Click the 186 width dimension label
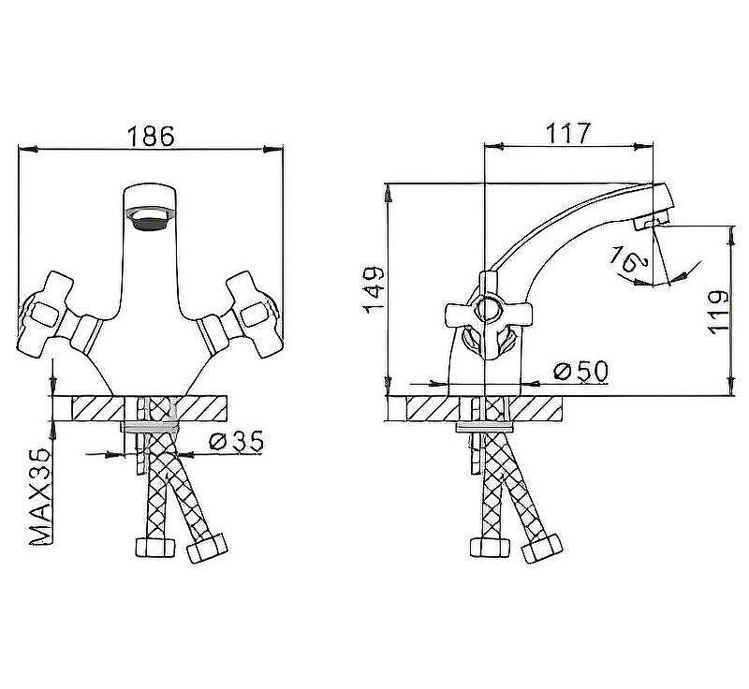pos(152,135)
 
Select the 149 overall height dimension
pos(373,289)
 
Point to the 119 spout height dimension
pos(718,309)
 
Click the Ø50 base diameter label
pos(580,372)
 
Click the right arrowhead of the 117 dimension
pos(648,146)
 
